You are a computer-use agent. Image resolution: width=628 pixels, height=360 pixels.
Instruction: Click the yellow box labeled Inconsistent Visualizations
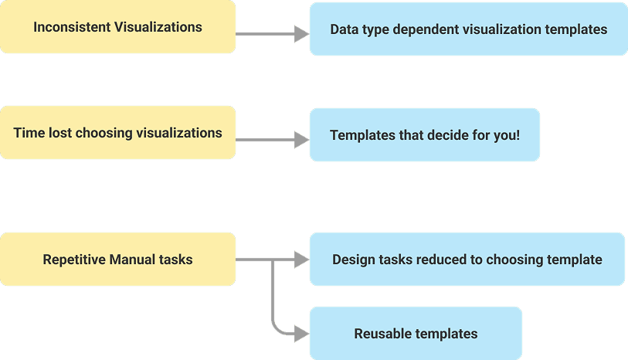(x=117, y=27)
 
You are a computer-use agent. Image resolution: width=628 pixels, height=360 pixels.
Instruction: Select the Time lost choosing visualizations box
(x=117, y=133)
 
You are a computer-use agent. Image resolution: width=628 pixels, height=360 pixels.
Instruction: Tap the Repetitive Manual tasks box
(x=117, y=260)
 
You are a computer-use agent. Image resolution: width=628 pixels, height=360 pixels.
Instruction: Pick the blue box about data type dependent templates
(x=468, y=29)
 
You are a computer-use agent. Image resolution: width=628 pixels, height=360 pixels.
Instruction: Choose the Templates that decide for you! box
(x=424, y=135)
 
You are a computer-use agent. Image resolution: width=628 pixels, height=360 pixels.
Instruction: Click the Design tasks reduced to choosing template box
(x=467, y=260)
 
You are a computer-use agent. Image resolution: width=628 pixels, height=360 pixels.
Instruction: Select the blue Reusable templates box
(x=416, y=334)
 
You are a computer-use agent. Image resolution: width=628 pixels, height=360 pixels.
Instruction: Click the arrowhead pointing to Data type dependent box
(x=302, y=34)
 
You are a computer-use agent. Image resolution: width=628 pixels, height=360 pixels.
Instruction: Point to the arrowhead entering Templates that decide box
(x=302, y=141)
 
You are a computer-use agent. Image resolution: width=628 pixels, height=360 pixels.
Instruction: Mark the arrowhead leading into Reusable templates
(x=302, y=334)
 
